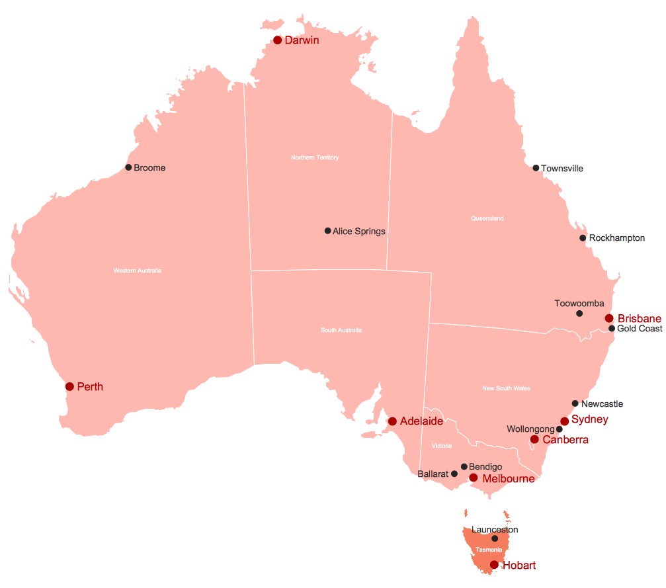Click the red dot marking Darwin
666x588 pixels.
point(278,40)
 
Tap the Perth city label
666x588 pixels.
point(90,386)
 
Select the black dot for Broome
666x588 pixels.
point(128,167)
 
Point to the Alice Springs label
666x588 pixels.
point(358,231)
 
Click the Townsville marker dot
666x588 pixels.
point(536,168)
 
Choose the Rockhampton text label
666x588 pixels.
point(616,238)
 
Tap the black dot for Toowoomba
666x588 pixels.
point(579,314)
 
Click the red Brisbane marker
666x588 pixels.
point(609,318)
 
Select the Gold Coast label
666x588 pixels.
point(640,329)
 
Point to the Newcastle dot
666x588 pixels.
point(575,403)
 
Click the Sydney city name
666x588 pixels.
point(589,419)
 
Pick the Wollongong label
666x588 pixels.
point(530,429)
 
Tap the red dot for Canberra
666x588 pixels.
point(534,439)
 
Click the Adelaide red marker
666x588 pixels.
point(392,421)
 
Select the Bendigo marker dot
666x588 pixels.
point(464,466)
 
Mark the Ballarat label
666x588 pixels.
point(433,474)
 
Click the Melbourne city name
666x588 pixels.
point(508,478)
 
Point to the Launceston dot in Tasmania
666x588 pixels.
point(495,539)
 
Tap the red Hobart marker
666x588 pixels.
point(494,565)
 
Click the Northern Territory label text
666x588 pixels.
point(315,157)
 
